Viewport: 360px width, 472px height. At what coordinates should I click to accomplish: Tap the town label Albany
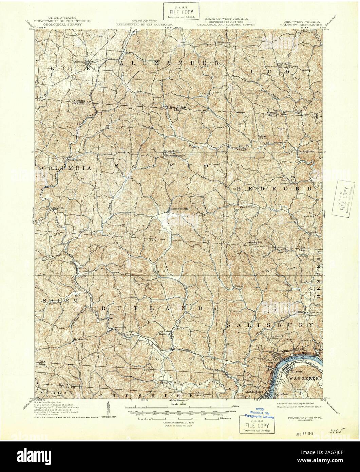tap(79, 62)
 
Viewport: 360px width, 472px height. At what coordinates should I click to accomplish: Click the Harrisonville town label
tap(179, 208)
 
